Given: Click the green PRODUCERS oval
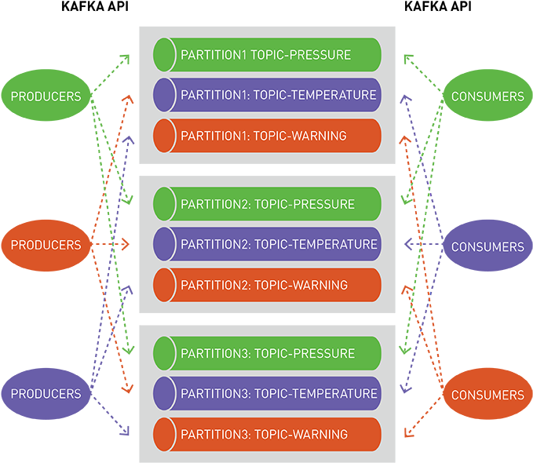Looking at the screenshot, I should tap(46, 97).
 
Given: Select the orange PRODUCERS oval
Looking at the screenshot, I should tap(46, 245).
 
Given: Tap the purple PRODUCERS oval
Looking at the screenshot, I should tap(46, 394).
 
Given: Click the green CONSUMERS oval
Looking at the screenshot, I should tap(487, 97).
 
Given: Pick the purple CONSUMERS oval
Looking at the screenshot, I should tap(487, 246).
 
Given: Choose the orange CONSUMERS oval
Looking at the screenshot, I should tap(487, 395).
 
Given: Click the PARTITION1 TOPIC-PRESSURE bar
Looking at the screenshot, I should tap(267, 55).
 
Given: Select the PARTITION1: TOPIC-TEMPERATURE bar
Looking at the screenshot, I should tap(267, 95).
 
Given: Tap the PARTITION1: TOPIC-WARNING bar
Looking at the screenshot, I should tap(267, 136).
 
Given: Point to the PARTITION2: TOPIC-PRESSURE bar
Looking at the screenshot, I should tap(267, 204).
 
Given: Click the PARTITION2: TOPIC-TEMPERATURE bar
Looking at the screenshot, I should tap(267, 244).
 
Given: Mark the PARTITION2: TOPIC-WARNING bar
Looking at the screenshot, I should tap(267, 285).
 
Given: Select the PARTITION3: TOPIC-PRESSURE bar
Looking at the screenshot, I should tap(267, 353).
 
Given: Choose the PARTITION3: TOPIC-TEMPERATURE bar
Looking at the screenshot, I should tap(267, 393).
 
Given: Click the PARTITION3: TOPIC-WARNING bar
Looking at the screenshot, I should tap(267, 434).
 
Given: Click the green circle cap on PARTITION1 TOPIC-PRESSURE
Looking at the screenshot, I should tap(164, 55).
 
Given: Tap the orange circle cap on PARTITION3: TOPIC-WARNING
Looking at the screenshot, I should tap(164, 434).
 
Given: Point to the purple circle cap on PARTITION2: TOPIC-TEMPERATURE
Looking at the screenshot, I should tap(164, 244).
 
